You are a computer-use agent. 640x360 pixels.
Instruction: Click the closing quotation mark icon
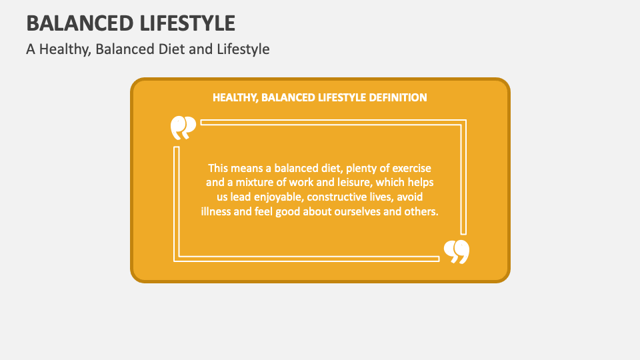(x=457, y=251)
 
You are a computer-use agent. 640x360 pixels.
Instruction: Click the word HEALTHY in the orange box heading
(x=235, y=97)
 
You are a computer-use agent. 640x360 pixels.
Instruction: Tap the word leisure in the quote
(x=347, y=183)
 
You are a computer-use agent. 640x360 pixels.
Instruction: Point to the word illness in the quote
(x=217, y=212)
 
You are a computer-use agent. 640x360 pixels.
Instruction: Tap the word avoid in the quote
(x=409, y=197)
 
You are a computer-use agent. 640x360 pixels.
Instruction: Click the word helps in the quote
(x=422, y=183)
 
